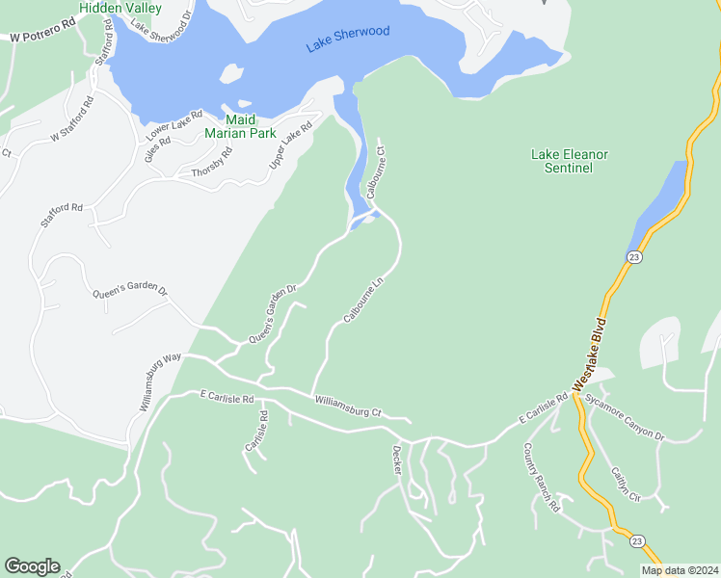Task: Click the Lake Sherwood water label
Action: point(348,39)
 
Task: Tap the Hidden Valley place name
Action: point(120,8)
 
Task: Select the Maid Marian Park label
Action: point(240,126)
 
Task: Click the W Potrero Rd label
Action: point(42,36)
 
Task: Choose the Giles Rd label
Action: point(157,148)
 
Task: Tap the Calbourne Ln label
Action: point(363,302)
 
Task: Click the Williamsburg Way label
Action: point(160,382)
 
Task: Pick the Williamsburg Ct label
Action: point(348,406)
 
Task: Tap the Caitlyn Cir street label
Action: point(624,485)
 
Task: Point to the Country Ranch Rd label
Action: point(541,477)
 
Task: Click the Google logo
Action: point(32,566)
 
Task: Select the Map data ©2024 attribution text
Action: point(680,570)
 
